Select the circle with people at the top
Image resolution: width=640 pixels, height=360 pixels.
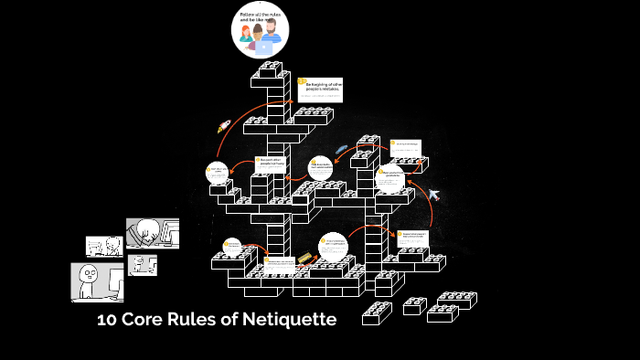coord(260,30)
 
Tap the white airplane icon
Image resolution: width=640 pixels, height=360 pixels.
coord(433,195)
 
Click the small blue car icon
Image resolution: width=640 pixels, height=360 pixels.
coord(341,149)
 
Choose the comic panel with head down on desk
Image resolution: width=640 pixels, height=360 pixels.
coord(152,233)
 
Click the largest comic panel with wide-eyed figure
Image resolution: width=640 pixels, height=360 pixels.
coord(97,281)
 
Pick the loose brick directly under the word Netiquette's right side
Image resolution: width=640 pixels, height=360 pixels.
coord(376,313)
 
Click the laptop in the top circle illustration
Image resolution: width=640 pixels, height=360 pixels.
coord(264,45)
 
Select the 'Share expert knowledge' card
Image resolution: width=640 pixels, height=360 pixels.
coord(412,237)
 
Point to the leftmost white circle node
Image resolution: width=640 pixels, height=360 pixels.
coord(218,172)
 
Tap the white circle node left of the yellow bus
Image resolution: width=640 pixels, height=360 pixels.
coord(232,246)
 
